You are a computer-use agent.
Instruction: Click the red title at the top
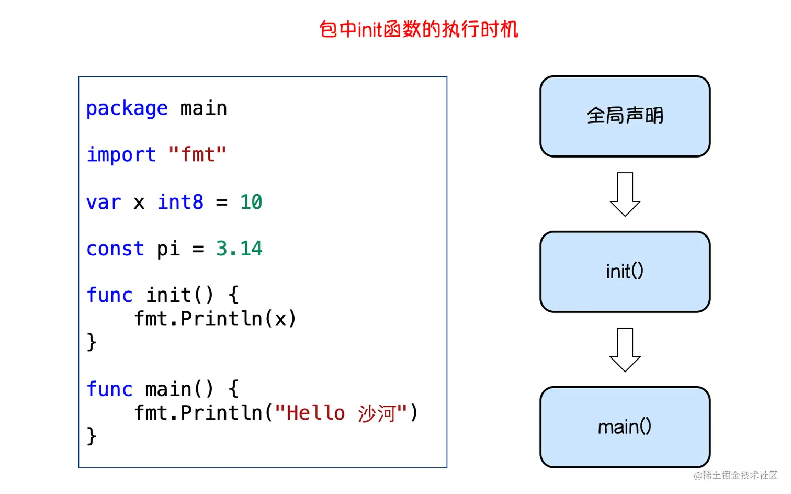point(419,29)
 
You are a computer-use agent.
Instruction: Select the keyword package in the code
point(127,109)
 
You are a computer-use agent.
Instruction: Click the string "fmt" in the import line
point(197,155)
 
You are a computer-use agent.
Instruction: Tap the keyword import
point(121,155)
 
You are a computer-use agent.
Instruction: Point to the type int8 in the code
point(180,202)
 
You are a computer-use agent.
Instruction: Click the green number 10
point(251,202)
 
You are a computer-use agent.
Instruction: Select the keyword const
point(115,249)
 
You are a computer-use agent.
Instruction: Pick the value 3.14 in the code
point(239,249)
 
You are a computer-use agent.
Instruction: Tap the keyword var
point(104,203)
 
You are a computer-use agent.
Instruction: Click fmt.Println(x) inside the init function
point(215,319)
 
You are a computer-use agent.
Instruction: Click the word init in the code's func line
point(168,295)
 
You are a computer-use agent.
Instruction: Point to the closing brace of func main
point(92,436)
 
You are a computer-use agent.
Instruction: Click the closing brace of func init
point(92,342)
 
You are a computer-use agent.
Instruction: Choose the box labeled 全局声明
point(625,116)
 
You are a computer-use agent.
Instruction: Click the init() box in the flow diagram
point(625,272)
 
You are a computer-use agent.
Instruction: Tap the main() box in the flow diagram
point(625,427)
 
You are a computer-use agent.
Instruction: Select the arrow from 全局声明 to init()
point(625,194)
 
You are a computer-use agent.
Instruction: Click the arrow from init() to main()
point(625,349)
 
